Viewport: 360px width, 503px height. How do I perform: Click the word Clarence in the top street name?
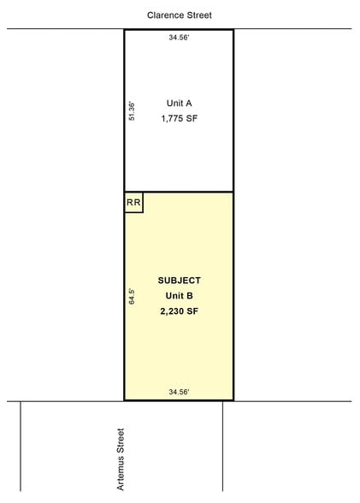tap(165, 15)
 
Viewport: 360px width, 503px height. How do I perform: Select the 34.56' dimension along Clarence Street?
tap(179, 38)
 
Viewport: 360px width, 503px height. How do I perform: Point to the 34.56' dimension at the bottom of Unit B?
tap(179, 392)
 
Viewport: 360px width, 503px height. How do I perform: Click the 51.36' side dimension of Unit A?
tap(132, 111)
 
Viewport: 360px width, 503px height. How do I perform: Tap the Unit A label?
tap(179, 103)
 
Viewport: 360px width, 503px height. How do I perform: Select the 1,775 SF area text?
tap(179, 120)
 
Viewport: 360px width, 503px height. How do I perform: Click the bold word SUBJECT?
tap(179, 281)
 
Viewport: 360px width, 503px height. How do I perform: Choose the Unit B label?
tap(179, 296)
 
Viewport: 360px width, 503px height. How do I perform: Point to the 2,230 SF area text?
tap(179, 312)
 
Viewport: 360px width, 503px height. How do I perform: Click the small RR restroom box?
tap(133, 203)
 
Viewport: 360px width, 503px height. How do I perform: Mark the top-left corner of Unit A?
tap(125, 30)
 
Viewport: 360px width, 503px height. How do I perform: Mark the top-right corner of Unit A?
tap(233, 30)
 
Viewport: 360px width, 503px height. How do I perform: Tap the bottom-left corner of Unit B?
tap(125, 400)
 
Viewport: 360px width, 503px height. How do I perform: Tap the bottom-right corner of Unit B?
tap(233, 400)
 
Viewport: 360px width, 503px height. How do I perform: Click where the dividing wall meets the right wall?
tap(233, 192)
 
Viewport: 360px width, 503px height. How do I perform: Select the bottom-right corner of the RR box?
tap(143, 212)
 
